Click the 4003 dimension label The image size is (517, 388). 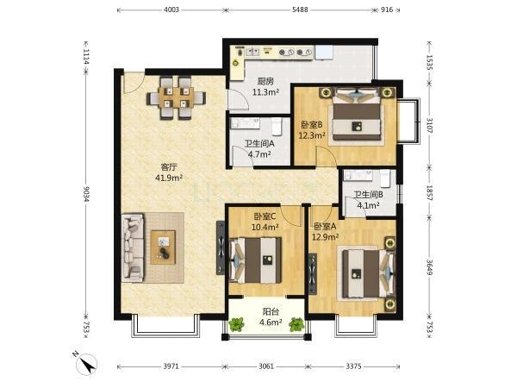171,9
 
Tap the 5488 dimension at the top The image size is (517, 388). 300,9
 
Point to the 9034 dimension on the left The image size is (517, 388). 86,194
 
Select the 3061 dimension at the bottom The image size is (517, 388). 266,366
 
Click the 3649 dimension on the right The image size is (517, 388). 429,267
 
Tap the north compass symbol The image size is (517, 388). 85,363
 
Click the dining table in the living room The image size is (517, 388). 176,97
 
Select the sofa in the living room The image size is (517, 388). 133,247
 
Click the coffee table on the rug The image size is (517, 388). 163,247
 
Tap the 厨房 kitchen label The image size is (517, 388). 265,81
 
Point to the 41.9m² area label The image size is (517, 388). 169,178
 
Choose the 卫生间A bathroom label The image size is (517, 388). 259,143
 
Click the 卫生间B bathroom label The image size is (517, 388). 368,195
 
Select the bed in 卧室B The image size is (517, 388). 357,114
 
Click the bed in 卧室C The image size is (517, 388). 256,260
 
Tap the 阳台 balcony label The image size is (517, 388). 271,311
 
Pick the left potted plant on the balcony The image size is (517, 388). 236,324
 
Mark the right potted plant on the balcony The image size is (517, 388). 296,324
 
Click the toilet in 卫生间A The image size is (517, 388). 277,127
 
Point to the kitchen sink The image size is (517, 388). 252,52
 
